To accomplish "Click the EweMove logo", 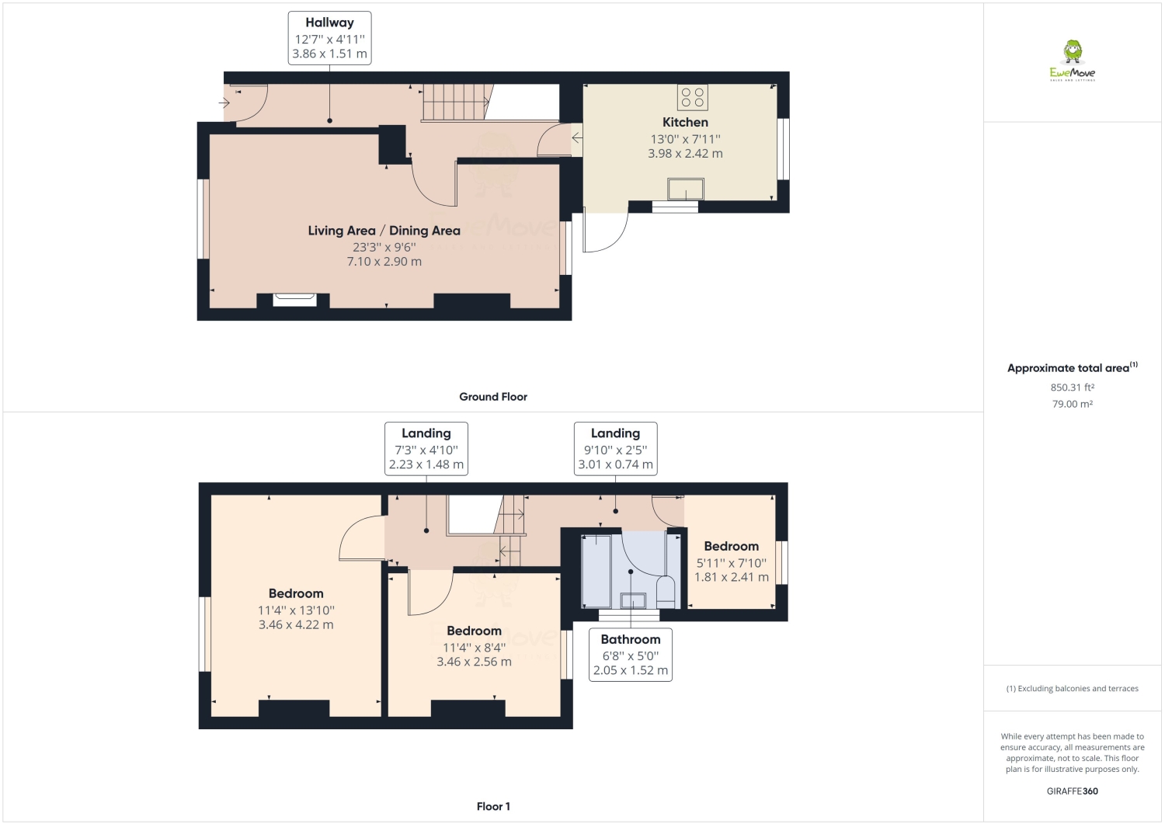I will point(1073,61).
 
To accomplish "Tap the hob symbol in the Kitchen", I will point(692,97).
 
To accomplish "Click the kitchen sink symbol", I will point(686,189).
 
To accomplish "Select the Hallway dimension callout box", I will point(329,38).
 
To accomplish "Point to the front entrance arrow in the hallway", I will point(224,103).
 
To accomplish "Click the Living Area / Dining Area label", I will point(384,231).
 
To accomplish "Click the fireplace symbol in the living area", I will point(295,299).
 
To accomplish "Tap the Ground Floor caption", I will point(492,397).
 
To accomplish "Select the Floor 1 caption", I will point(492,806).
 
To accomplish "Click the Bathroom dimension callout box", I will point(630,655).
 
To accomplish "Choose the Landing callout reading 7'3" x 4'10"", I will point(426,449).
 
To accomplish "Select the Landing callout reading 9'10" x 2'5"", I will point(615,449).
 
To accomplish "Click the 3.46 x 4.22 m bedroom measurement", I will point(296,624).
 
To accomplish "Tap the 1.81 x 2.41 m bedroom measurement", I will point(731,577).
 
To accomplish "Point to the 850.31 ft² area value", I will point(1072,388).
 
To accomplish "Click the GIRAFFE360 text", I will point(1072,791).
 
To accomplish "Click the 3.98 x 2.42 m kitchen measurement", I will point(685,154).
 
